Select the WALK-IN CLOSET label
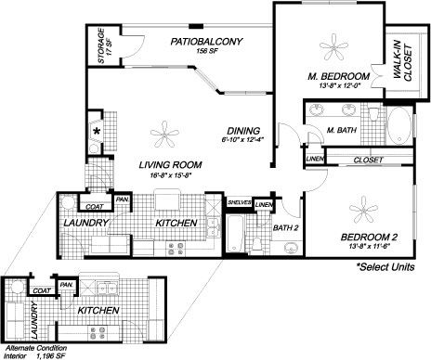click(x=402, y=66)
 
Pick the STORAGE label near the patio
click(x=101, y=49)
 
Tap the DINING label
click(x=248, y=130)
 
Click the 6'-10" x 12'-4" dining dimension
click(x=248, y=140)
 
